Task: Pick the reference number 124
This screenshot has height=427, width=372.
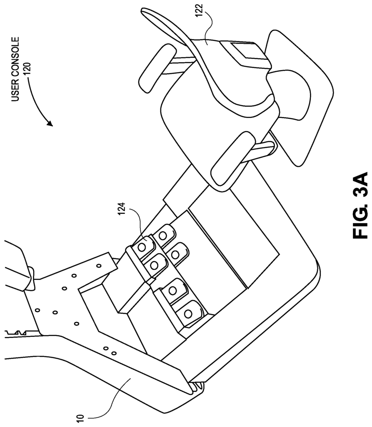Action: pyautogui.click(x=121, y=210)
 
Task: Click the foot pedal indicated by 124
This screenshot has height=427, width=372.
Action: pyautogui.click(x=144, y=246)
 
